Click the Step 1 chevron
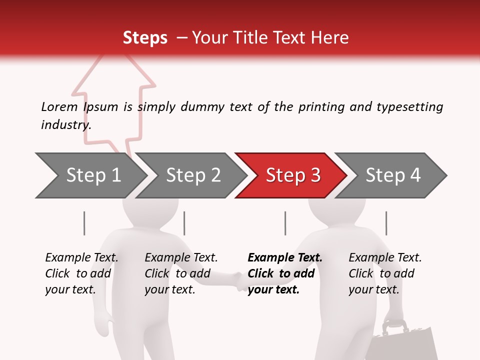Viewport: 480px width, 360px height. click(x=92, y=175)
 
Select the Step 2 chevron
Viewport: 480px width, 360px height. click(x=192, y=175)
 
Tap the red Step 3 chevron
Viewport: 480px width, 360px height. click(x=292, y=175)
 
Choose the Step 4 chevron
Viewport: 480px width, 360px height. click(x=392, y=175)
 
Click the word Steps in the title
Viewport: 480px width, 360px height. click(x=145, y=38)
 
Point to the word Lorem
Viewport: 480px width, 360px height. click(x=59, y=107)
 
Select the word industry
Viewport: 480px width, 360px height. click(x=66, y=125)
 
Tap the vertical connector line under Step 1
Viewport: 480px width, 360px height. click(x=84, y=223)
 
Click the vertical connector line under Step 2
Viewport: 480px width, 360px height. click(x=184, y=223)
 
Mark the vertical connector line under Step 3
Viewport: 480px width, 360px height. click(x=285, y=223)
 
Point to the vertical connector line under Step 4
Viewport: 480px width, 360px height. click(x=386, y=223)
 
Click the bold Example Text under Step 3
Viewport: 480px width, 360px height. click(x=285, y=258)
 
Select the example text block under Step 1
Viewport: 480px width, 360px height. click(x=81, y=273)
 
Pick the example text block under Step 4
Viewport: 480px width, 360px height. click(x=385, y=273)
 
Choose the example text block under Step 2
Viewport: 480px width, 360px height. click(x=181, y=273)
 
